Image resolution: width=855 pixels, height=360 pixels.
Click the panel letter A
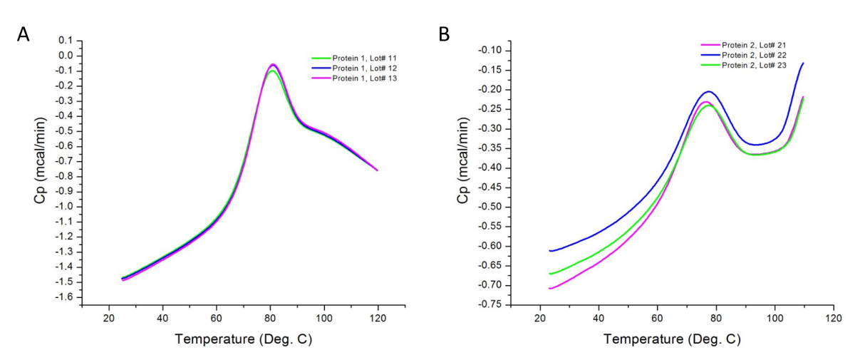[x=23, y=34]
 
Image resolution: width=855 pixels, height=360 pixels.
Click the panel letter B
[x=444, y=34]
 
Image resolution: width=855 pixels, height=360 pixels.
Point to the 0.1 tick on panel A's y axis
[x=67, y=41]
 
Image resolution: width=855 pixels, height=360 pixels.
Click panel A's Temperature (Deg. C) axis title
[x=243, y=338]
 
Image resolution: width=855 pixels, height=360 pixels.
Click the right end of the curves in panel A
[x=377, y=170]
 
